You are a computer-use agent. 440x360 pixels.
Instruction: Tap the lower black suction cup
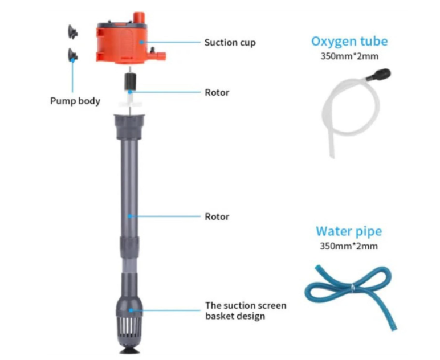(x=73, y=55)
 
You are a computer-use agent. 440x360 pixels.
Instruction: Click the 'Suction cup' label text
(x=230, y=43)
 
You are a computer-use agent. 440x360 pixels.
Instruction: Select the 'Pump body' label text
(x=75, y=101)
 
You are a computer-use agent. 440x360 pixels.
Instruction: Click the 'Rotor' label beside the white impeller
(x=217, y=92)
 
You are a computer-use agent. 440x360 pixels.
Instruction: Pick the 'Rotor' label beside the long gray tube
(x=217, y=216)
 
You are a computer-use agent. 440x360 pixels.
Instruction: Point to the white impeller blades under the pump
(x=131, y=104)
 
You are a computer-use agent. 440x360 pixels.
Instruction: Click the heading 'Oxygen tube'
(x=349, y=41)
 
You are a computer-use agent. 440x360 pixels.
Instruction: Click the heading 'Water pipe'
(x=349, y=231)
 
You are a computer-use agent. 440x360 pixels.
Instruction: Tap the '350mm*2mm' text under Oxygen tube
(x=349, y=56)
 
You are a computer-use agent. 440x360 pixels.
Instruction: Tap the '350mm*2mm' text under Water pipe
(x=349, y=247)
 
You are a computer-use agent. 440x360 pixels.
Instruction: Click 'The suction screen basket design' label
(x=246, y=311)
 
